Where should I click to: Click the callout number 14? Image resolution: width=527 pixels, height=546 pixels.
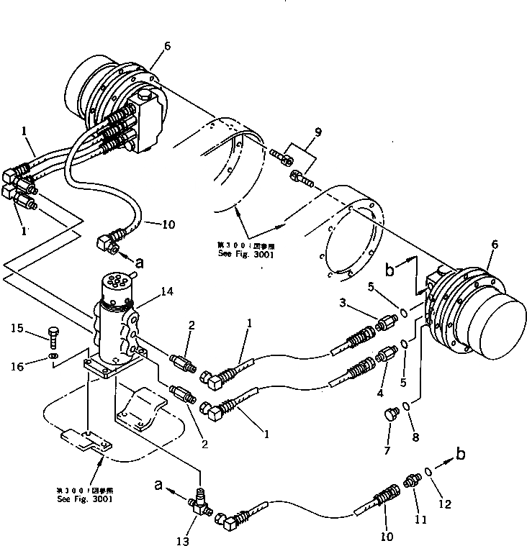168,291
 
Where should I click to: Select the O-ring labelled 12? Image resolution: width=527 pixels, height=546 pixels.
428,472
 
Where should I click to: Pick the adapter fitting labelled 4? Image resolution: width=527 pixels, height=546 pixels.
387,355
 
